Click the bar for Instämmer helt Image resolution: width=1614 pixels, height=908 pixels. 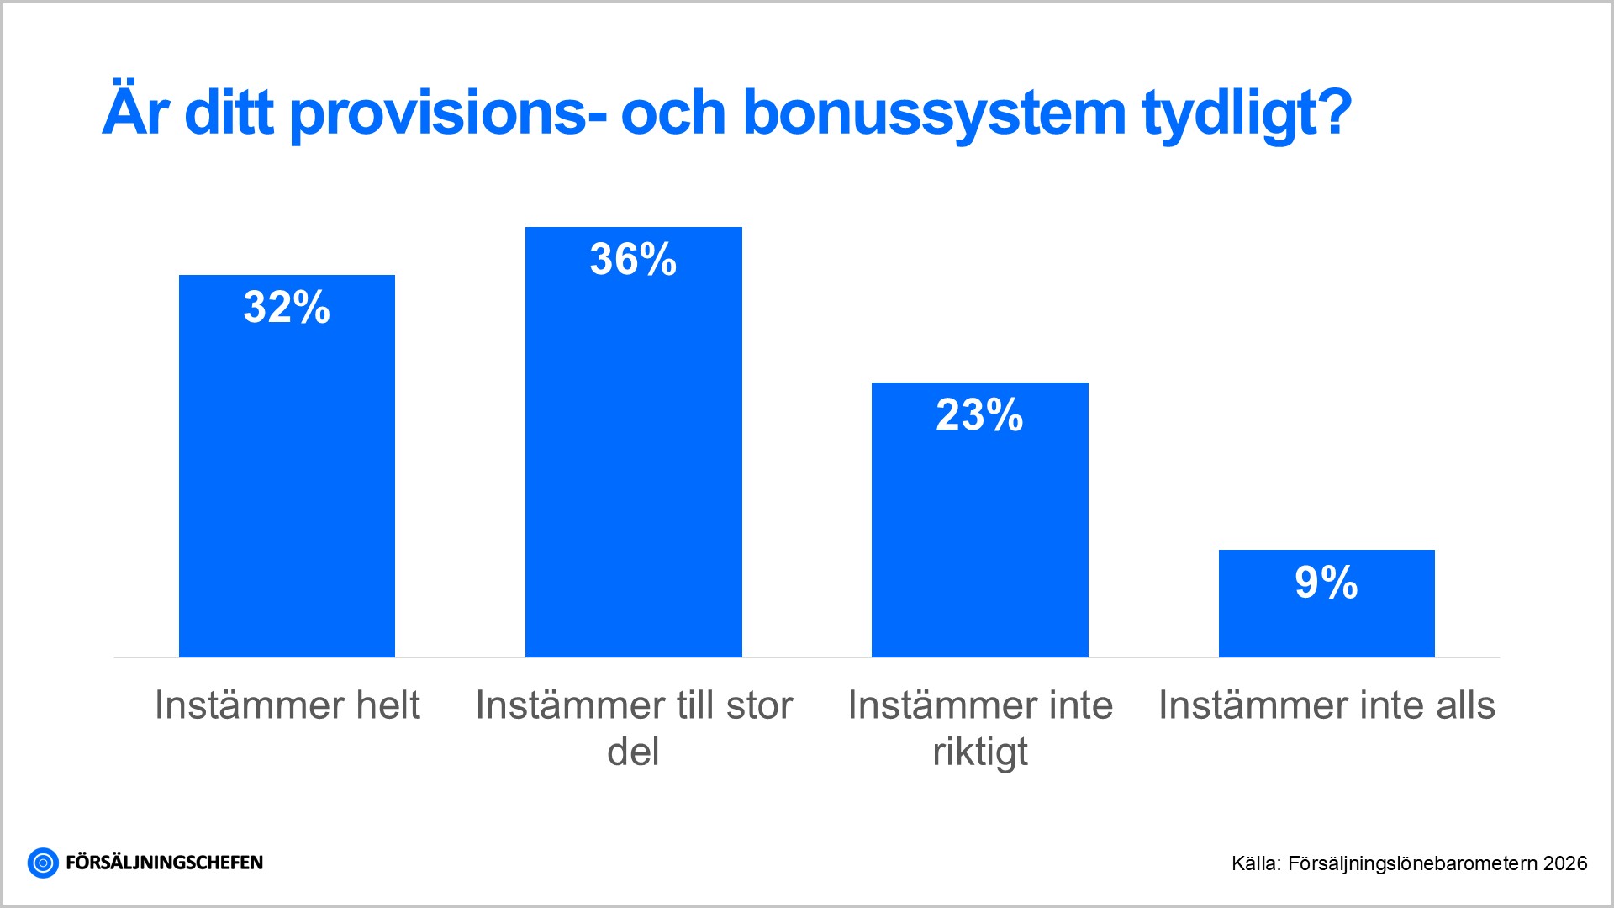287,488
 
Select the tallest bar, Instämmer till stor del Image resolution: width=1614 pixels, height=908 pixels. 633,471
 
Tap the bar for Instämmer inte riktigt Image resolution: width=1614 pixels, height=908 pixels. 979,538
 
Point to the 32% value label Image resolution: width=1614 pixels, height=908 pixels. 287,307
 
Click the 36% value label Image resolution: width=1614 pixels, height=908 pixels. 633,259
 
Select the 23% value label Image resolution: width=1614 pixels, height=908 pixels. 979,415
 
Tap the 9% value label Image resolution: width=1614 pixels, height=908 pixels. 1326,583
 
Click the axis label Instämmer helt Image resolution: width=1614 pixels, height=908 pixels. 287,705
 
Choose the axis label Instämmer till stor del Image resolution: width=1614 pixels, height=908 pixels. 633,727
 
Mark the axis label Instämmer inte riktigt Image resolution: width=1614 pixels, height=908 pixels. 980,727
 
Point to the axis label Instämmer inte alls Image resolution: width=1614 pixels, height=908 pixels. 1327,705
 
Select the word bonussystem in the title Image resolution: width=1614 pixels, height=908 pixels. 934,113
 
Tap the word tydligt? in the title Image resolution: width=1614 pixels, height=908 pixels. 1247,113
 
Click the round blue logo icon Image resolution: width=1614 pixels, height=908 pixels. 43,863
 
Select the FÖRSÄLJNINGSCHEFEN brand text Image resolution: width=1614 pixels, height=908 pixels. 164,863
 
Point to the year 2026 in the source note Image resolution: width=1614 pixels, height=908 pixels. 1565,863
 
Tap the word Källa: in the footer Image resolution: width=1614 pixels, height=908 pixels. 1256,863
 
